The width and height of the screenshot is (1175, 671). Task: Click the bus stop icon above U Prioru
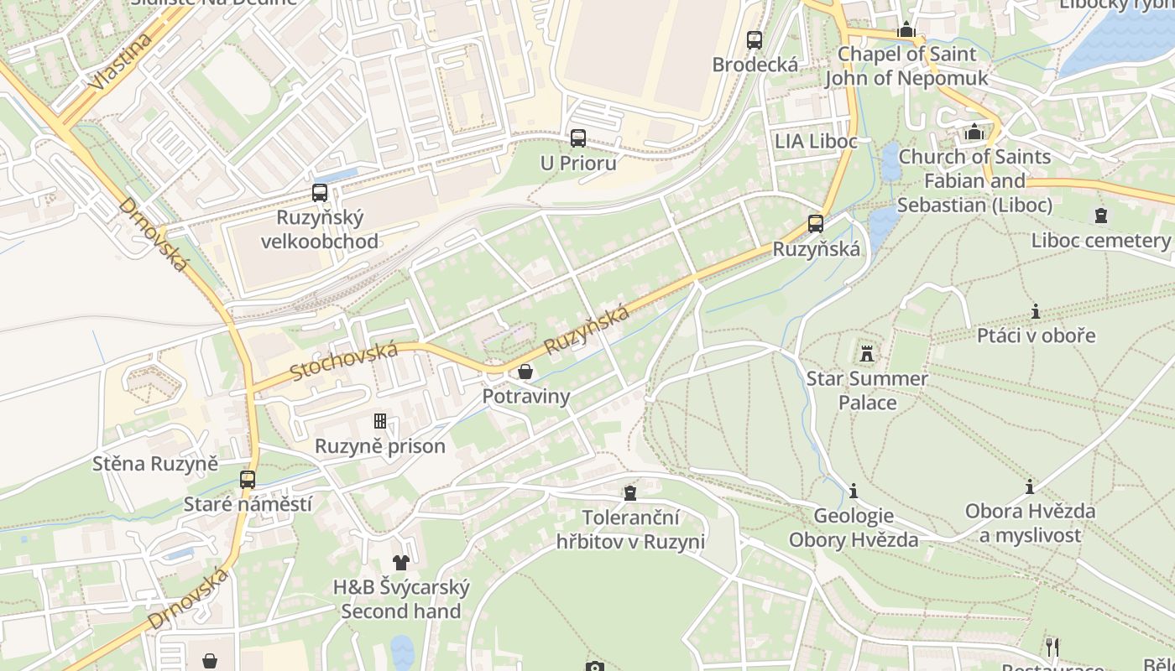(x=577, y=138)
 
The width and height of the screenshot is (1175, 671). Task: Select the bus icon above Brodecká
(x=754, y=39)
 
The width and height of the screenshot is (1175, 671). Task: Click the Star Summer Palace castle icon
(x=867, y=354)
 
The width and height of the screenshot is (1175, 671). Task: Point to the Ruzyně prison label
(x=379, y=445)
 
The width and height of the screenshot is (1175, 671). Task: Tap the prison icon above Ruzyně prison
(x=379, y=421)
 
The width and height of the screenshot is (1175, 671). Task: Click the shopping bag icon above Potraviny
(x=525, y=372)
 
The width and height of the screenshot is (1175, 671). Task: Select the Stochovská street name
(x=343, y=361)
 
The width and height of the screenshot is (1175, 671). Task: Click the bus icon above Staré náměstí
(x=247, y=480)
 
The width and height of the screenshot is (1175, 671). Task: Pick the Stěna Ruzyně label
(x=154, y=463)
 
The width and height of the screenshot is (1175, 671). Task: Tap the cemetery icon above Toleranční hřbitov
(x=630, y=493)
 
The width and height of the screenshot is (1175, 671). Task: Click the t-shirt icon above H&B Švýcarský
(x=400, y=563)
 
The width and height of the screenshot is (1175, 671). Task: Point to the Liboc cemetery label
(x=1099, y=241)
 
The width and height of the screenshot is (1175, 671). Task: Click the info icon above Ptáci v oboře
(x=1036, y=312)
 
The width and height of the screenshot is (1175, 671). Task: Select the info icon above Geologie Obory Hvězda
(x=854, y=491)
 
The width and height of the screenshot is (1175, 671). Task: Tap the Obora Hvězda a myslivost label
(x=1029, y=523)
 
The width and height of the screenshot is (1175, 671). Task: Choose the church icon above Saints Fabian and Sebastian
(x=974, y=133)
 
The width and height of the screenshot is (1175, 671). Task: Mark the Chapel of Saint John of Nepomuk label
(x=906, y=66)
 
